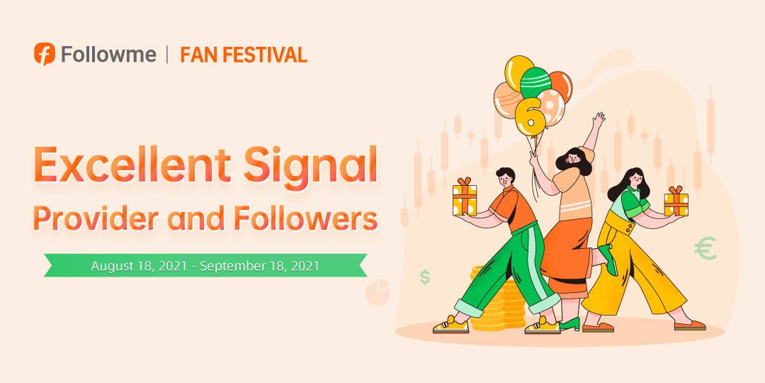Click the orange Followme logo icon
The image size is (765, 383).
45,54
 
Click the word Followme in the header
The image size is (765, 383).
109,54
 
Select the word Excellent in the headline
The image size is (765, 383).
131,164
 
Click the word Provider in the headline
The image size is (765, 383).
96,219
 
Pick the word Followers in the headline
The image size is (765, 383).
305,218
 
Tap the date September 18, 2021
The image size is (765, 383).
259,266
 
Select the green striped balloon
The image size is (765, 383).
535,82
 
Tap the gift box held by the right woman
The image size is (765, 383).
676,201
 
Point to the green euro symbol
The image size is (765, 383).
705,248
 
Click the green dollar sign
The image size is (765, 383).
425,277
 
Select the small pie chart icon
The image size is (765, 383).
378,292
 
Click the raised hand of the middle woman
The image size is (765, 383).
599,120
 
